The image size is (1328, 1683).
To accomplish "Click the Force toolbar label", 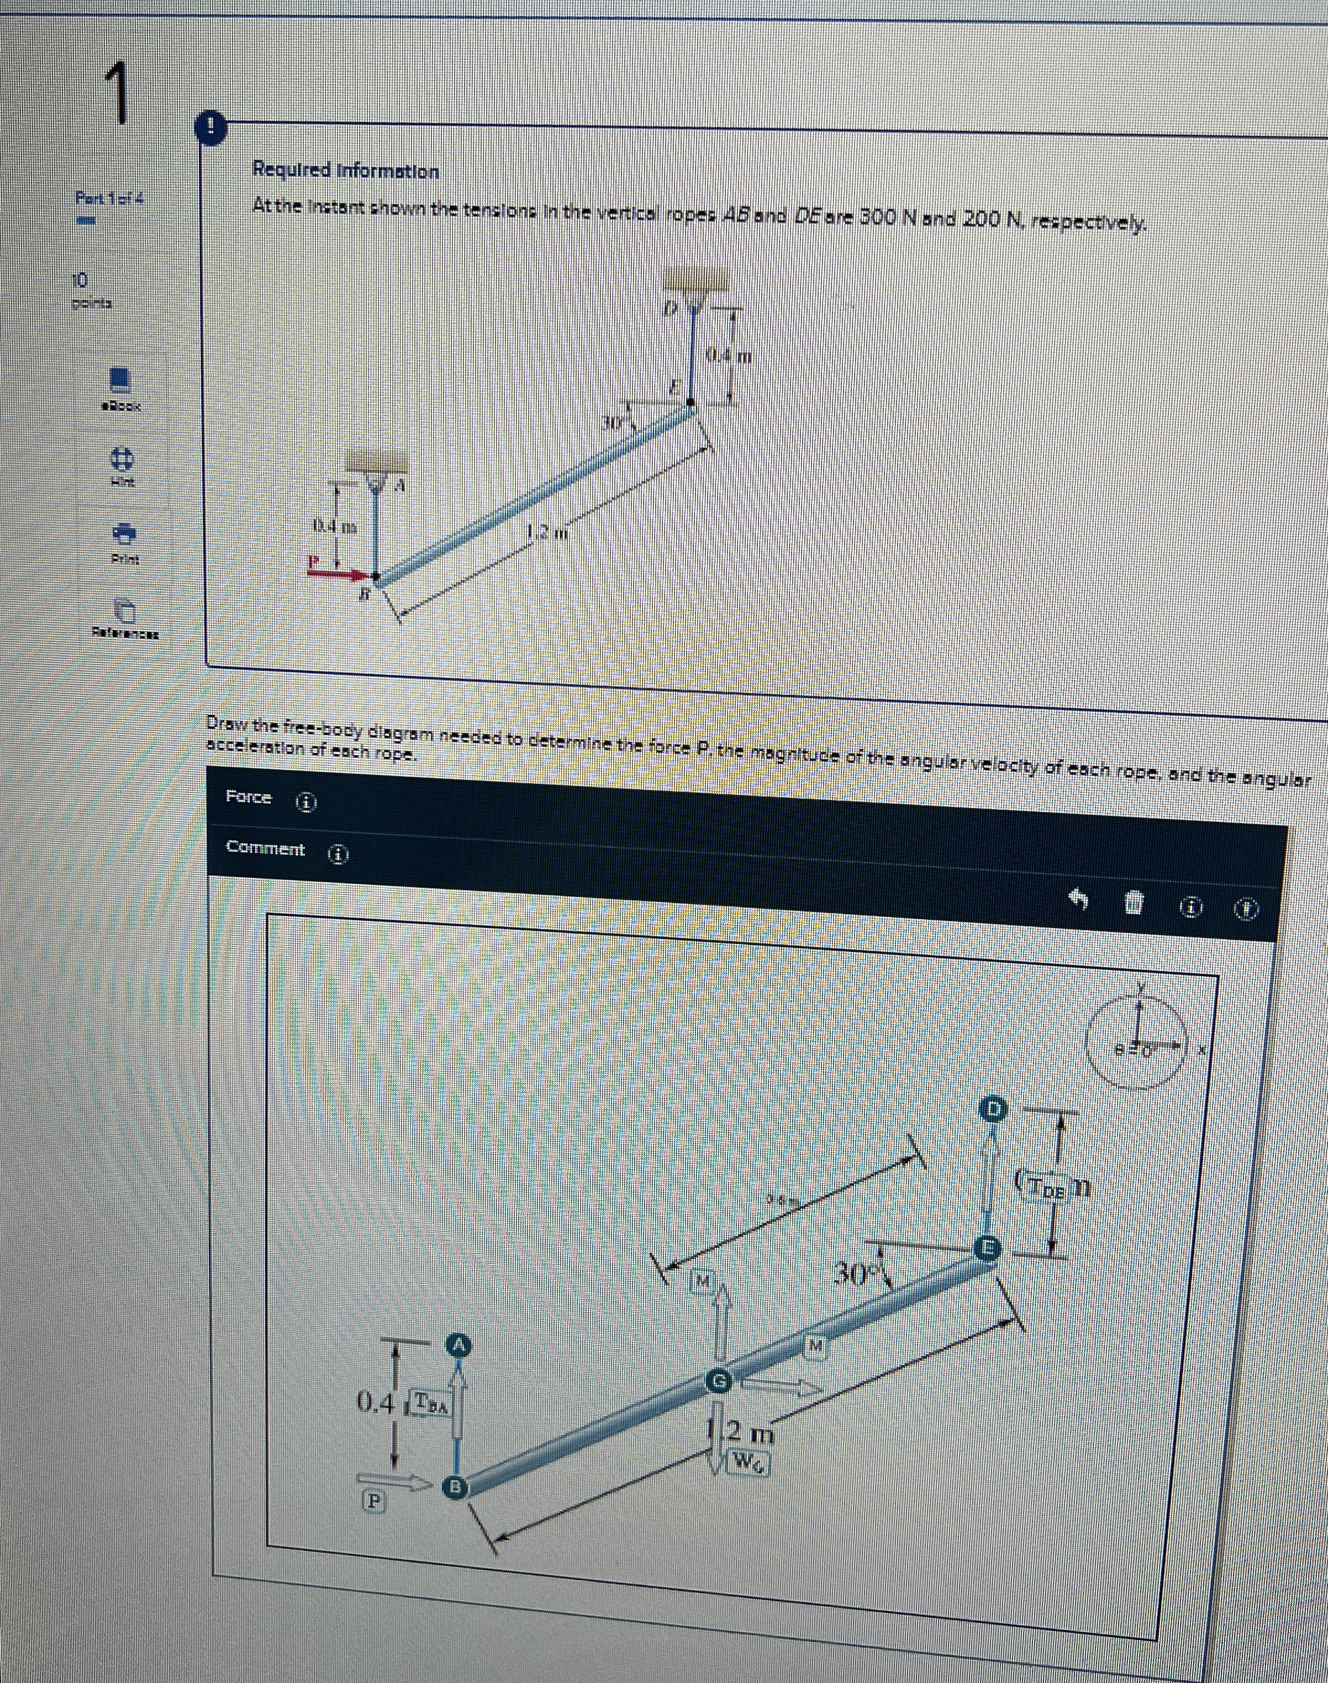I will (248, 797).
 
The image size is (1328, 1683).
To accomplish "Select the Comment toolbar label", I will (265, 848).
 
